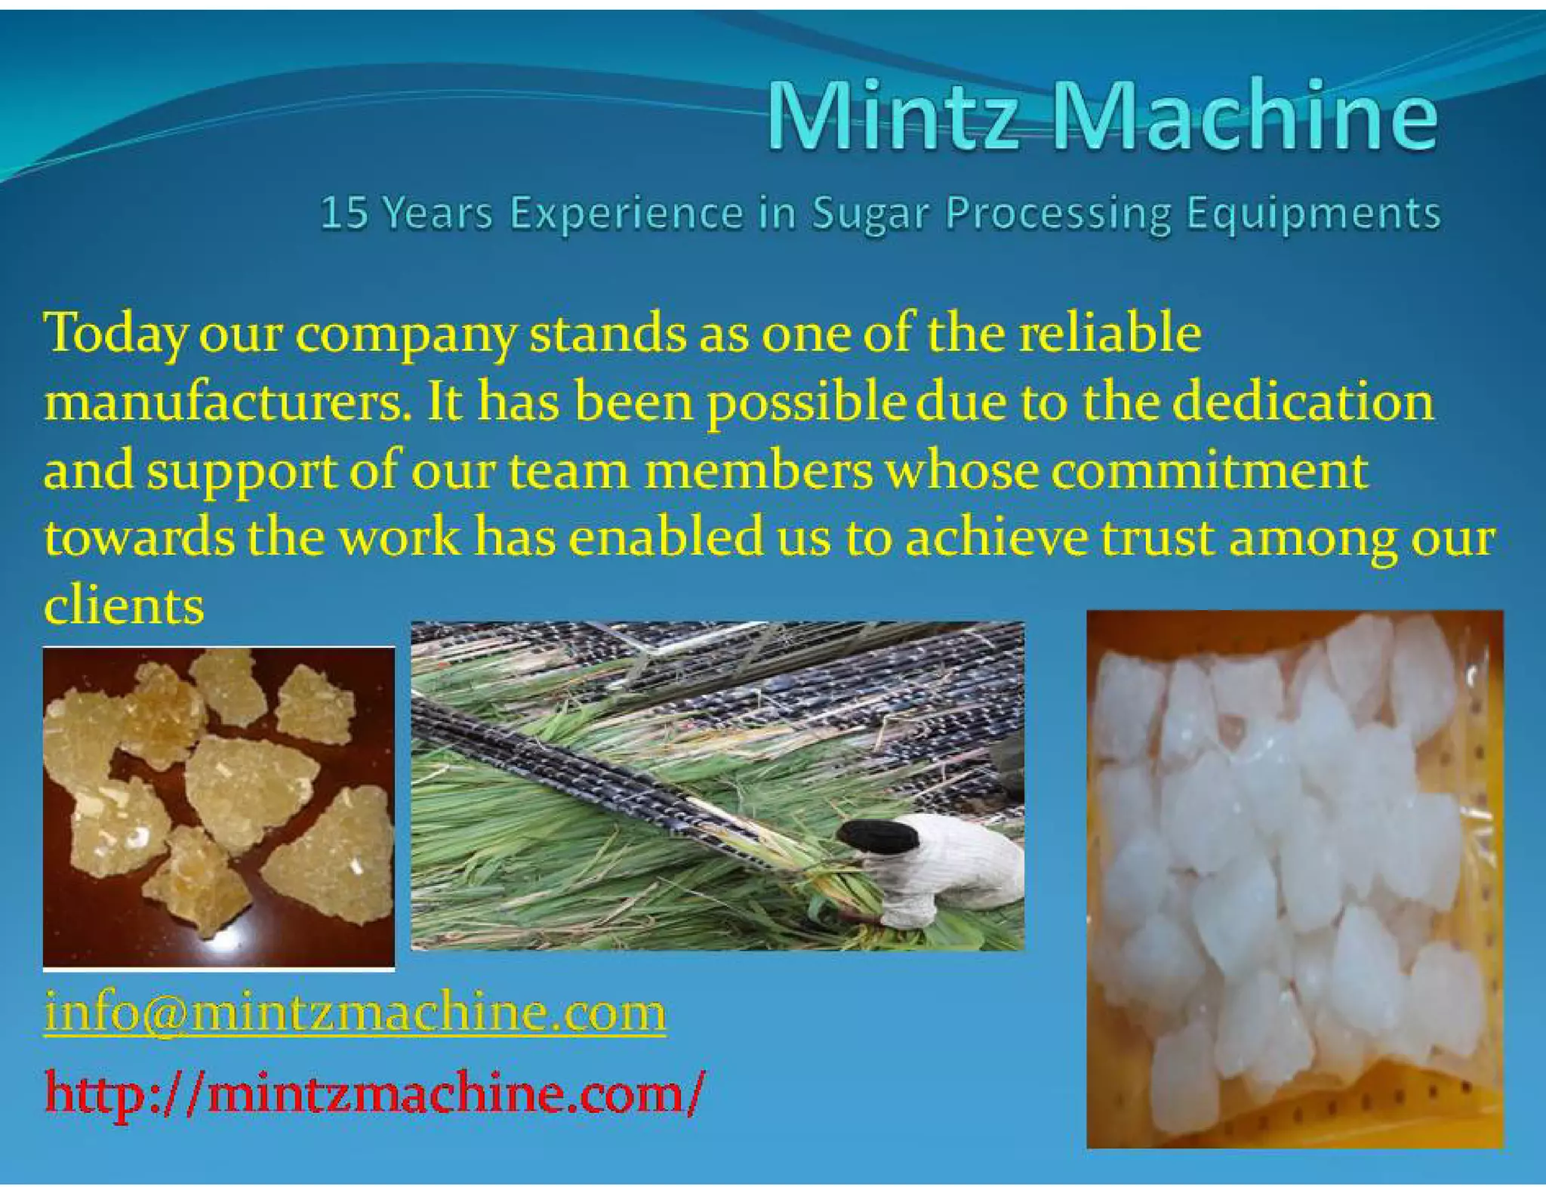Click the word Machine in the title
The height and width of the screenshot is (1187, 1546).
tap(1246, 116)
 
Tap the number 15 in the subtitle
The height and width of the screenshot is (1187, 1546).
tap(344, 213)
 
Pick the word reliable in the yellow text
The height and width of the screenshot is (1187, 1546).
tap(1110, 332)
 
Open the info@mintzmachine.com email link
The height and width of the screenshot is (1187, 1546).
tap(355, 1013)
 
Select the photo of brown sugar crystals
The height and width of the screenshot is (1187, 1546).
tap(219, 808)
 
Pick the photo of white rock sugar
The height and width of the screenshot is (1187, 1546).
tap(1294, 880)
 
